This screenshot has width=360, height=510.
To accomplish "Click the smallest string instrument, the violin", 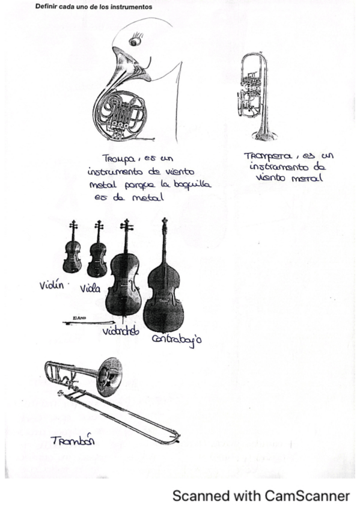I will pos(72,253).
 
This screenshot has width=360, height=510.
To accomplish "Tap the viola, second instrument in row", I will pos(97,254).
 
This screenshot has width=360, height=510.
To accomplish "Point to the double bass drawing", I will pos(163,289).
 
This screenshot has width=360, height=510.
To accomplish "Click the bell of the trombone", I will pos(110,372).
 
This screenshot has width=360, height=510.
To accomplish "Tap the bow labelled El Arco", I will pos(84,323).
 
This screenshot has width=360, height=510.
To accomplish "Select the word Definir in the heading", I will pos(46,7).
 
